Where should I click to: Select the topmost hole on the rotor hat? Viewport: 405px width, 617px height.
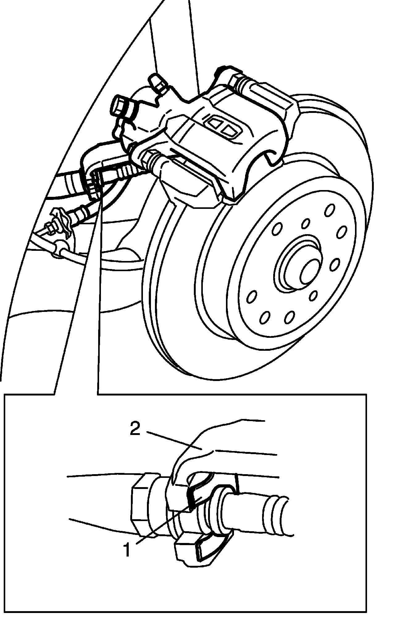330,210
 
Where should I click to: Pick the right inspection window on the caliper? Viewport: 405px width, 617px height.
228,130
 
